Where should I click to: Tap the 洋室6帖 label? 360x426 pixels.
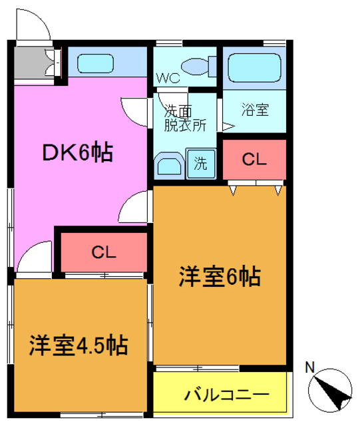tap(219, 276)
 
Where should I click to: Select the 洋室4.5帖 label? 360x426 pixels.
tap(79, 345)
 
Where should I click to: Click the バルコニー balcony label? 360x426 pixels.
tap(226, 394)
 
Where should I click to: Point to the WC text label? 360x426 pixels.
tap(167, 78)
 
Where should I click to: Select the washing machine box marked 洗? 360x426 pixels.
tap(200, 164)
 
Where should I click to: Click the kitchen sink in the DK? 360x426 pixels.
tap(97, 64)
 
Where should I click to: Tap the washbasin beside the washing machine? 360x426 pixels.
tap(168, 166)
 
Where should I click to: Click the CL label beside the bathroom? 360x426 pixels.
tap(254, 159)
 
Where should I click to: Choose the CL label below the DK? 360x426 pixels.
tap(104, 252)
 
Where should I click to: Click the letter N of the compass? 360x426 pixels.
tap(309, 367)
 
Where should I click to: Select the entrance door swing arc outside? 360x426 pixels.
tap(31, 27)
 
